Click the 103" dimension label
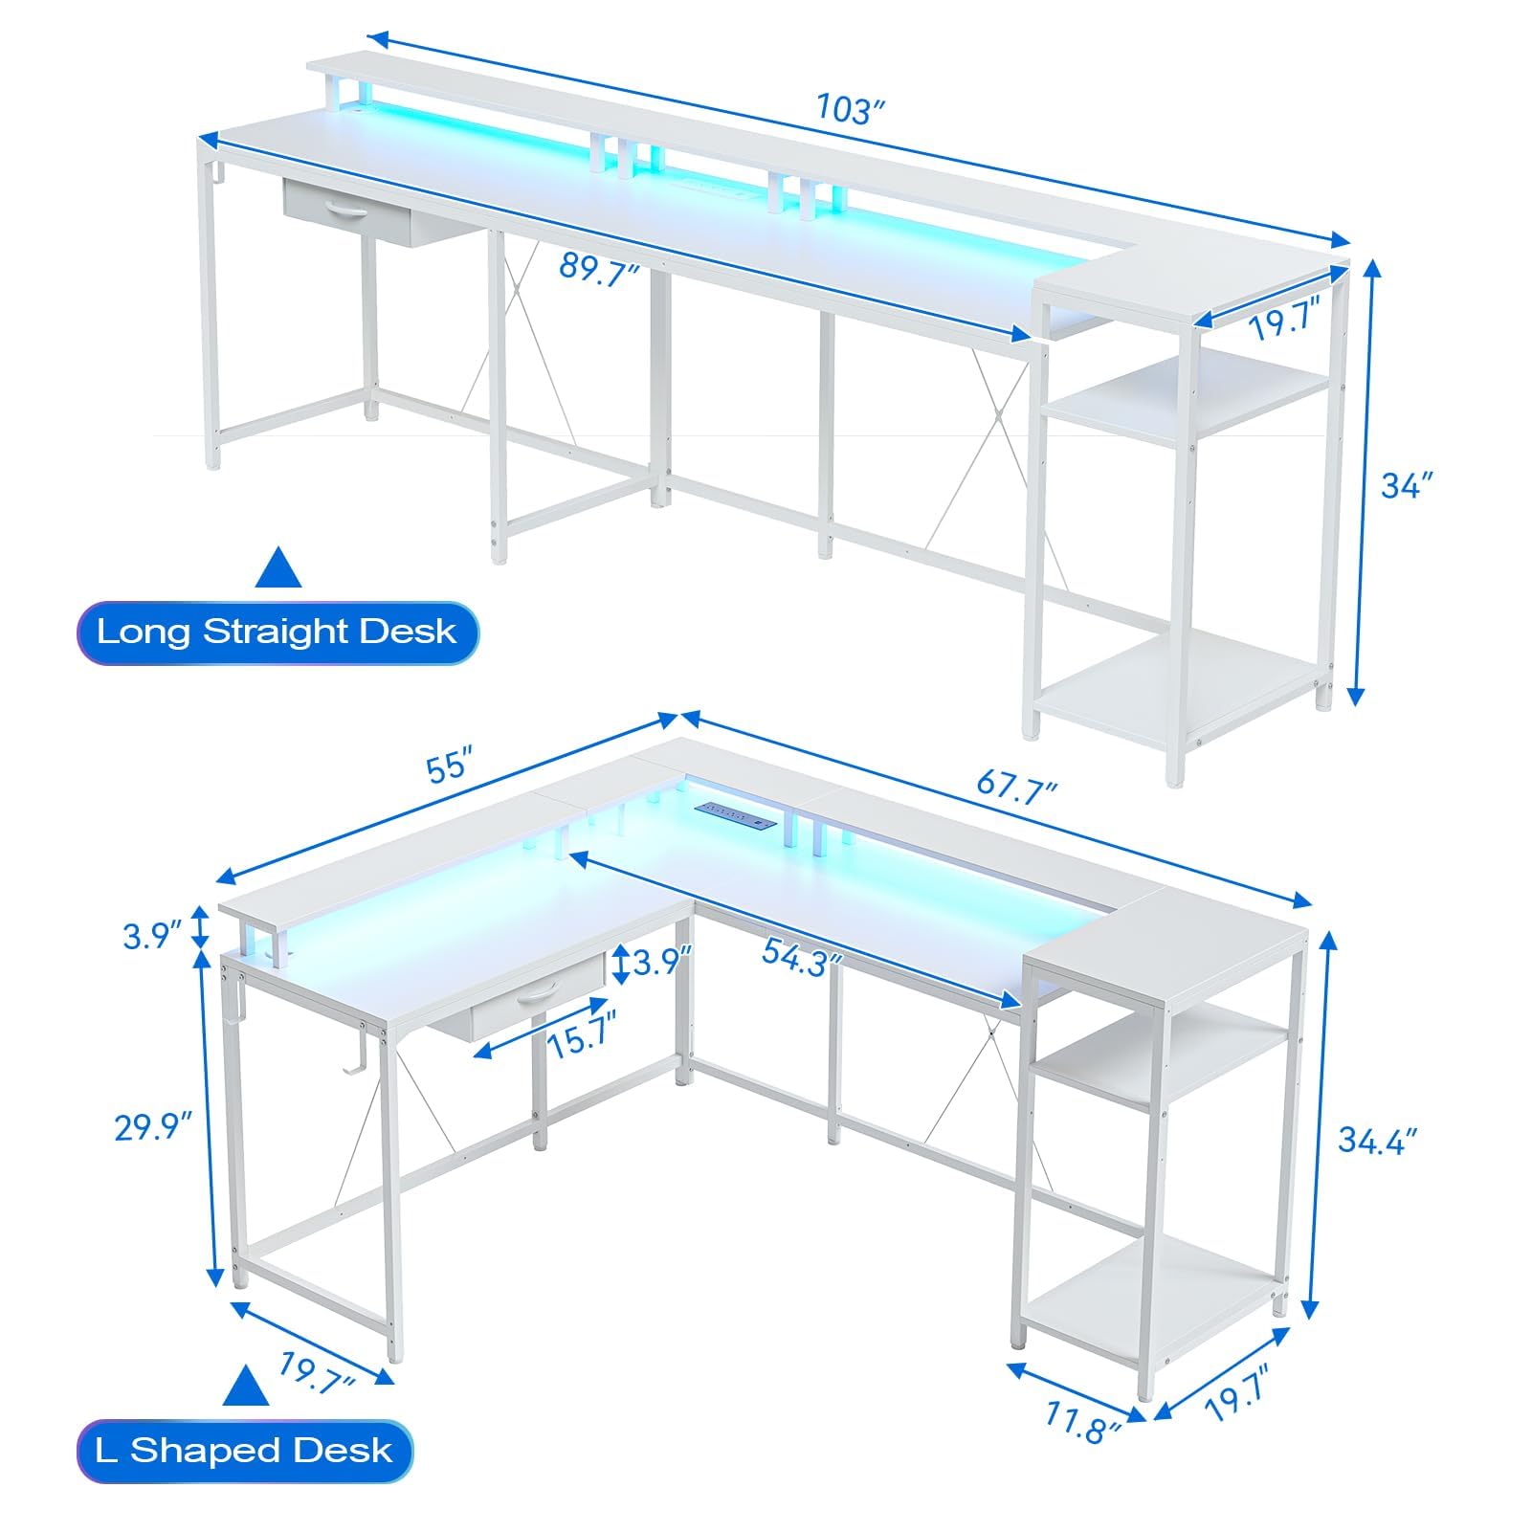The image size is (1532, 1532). (x=846, y=108)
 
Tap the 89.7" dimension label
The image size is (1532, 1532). (x=599, y=268)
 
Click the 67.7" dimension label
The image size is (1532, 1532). (x=1017, y=788)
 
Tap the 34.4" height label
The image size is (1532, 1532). (x=1377, y=1140)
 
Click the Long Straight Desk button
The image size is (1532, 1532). (x=278, y=632)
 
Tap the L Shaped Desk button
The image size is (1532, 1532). (x=245, y=1451)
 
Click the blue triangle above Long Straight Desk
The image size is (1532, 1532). (x=278, y=567)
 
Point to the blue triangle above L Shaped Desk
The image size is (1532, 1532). (x=246, y=1387)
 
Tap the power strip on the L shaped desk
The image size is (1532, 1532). (x=736, y=814)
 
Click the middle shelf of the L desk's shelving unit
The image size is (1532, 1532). (x=1162, y=1050)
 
